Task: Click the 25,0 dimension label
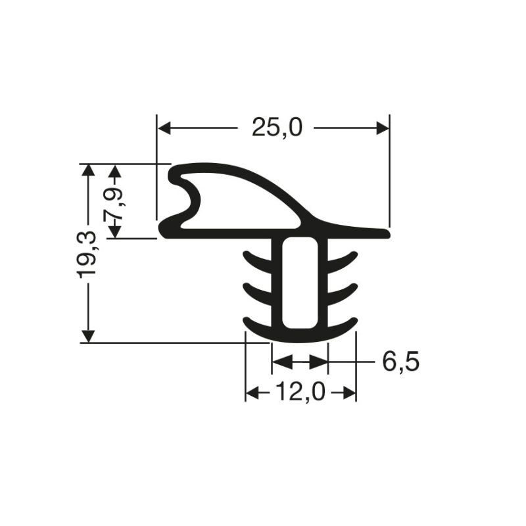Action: coord(277,128)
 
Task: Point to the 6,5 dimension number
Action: coord(401,362)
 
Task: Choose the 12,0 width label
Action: coord(300,392)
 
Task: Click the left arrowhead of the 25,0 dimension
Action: coord(164,128)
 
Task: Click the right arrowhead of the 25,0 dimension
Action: coord(383,128)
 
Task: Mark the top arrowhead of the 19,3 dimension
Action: coord(88,171)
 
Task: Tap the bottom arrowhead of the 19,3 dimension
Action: coord(88,336)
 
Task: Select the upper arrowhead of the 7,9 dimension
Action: coord(116,171)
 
